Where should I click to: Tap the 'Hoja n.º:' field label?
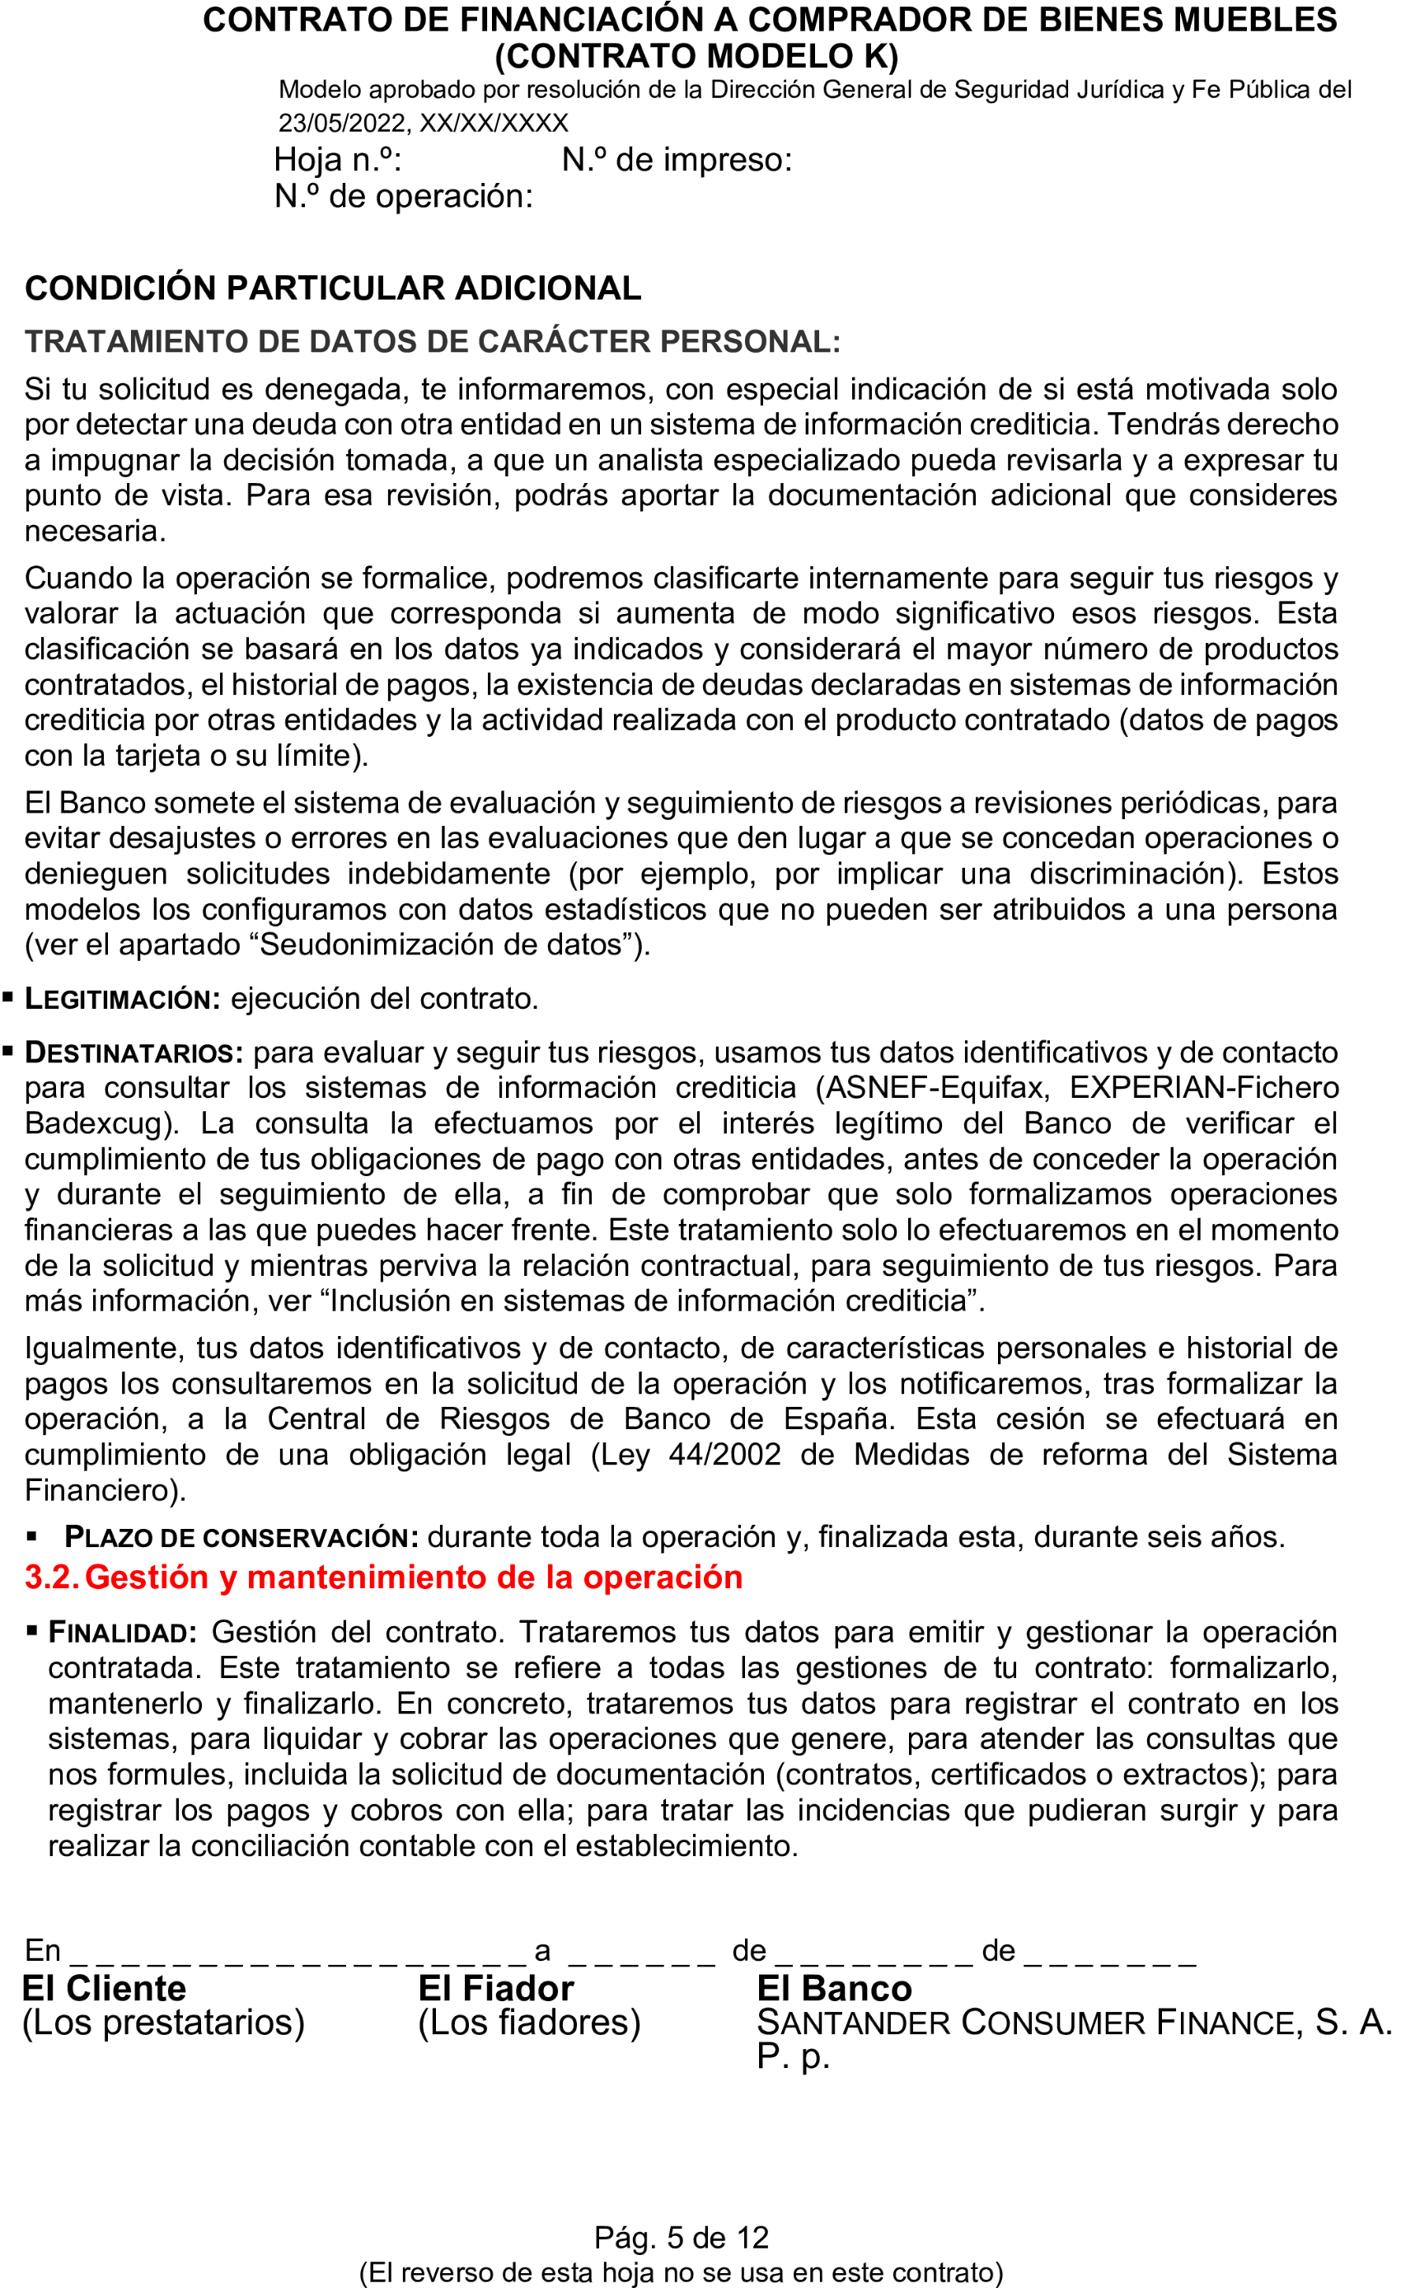pyautogui.click(x=337, y=160)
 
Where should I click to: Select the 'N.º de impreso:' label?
pyautogui.click(x=676, y=160)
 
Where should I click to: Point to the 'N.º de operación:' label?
pyautogui.click(x=402, y=196)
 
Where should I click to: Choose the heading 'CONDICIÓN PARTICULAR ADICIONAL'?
pyautogui.click(x=332, y=288)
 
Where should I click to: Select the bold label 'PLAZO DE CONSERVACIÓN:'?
pyautogui.click(x=241, y=1536)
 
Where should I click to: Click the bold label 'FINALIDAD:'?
pyautogui.click(x=122, y=1632)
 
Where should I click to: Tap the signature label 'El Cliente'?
pyautogui.click(x=103, y=1988)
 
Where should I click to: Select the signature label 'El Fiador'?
pyautogui.click(x=495, y=1988)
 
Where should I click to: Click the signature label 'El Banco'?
pyautogui.click(x=833, y=1988)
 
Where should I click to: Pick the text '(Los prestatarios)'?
pyautogui.click(x=163, y=2023)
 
